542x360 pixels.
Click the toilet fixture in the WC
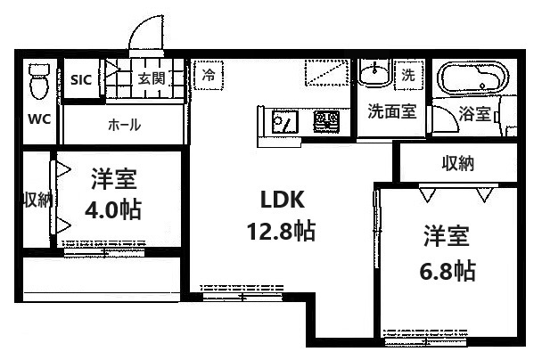coord(38,82)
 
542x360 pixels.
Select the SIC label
coord(81,78)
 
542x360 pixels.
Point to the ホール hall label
coord(124,125)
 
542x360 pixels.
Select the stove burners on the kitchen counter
coord(325,120)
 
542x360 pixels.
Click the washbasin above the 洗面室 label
coord(374,73)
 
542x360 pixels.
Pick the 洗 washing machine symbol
coord(408,75)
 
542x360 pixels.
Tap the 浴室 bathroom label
coord(474,114)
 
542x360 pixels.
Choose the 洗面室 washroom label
coord(392,112)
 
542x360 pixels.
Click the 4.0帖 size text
coord(113,211)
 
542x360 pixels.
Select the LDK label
coord(279,198)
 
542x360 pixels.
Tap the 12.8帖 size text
coord(279,232)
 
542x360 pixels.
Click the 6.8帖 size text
coord(447,269)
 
